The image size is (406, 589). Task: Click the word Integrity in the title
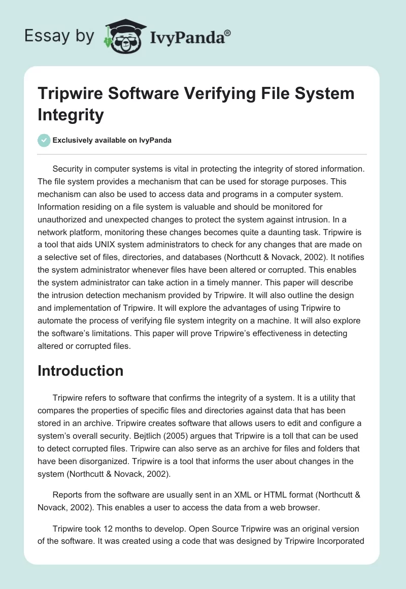coord(71,115)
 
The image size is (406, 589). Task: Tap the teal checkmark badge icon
coord(44,140)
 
